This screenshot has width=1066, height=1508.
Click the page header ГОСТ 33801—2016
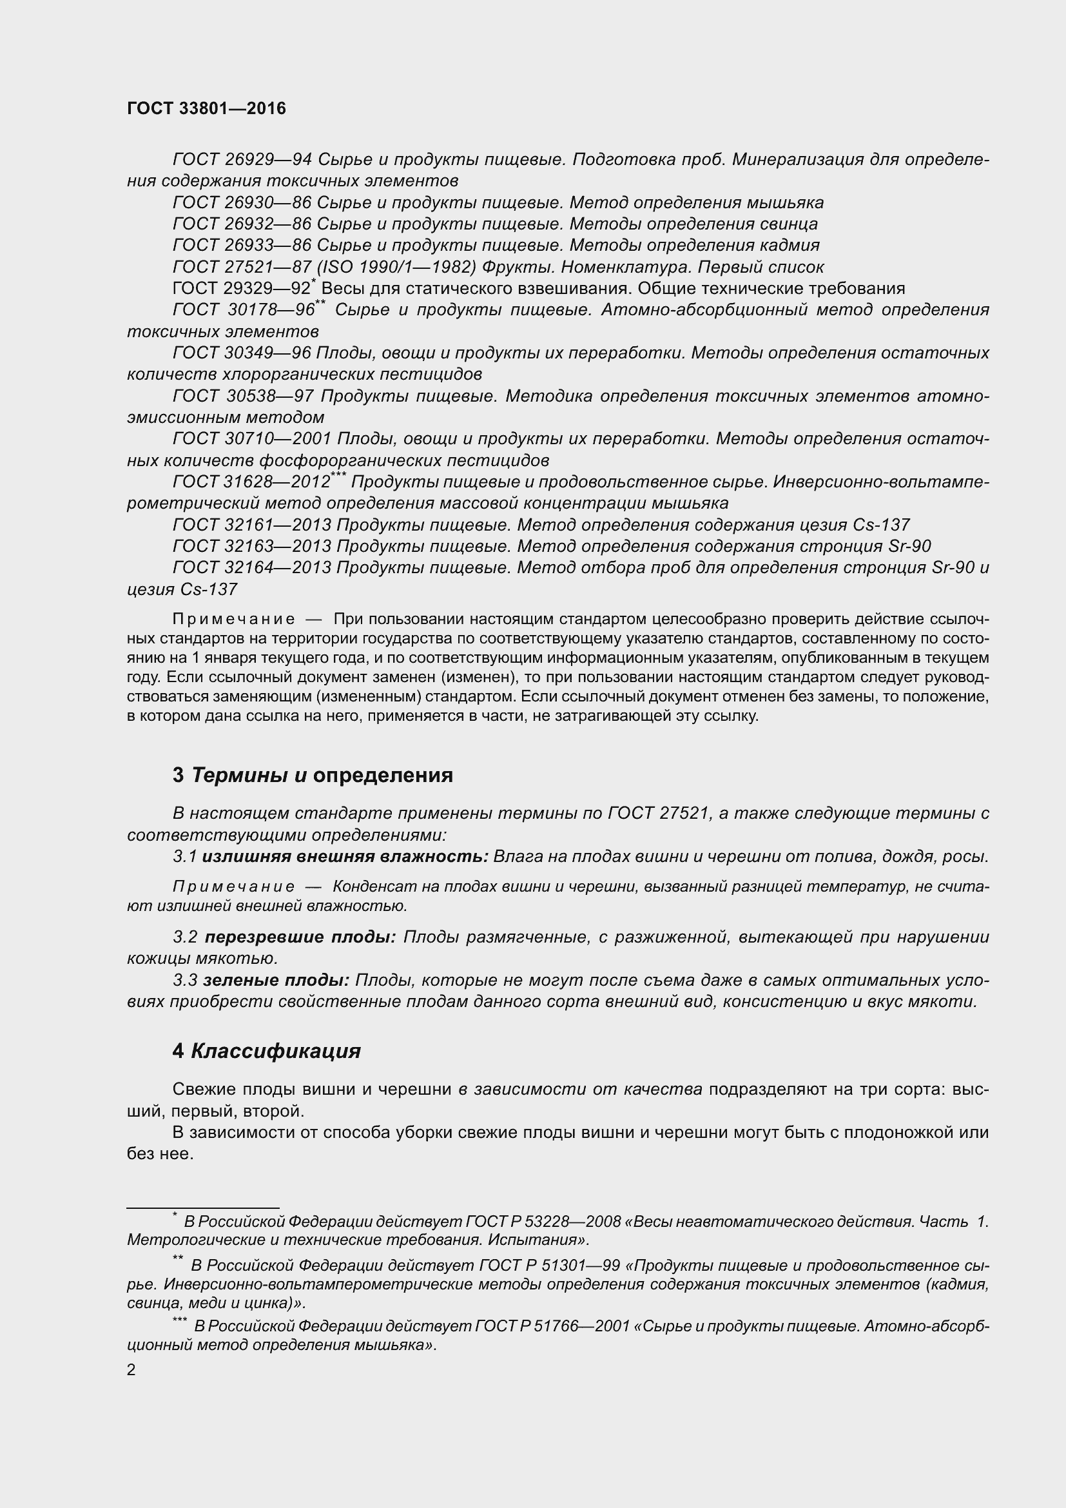point(206,109)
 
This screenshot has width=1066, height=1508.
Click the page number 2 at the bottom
point(131,1369)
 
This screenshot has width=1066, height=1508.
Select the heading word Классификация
point(276,1052)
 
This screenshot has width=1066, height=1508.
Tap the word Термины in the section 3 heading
point(240,775)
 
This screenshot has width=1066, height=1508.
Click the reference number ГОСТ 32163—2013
point(252,547)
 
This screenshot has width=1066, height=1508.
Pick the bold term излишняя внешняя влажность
point(345,857)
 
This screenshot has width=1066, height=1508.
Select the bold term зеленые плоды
point(276,981)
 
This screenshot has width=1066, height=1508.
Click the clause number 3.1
point(185,857)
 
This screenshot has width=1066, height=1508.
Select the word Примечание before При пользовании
point(233,620)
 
